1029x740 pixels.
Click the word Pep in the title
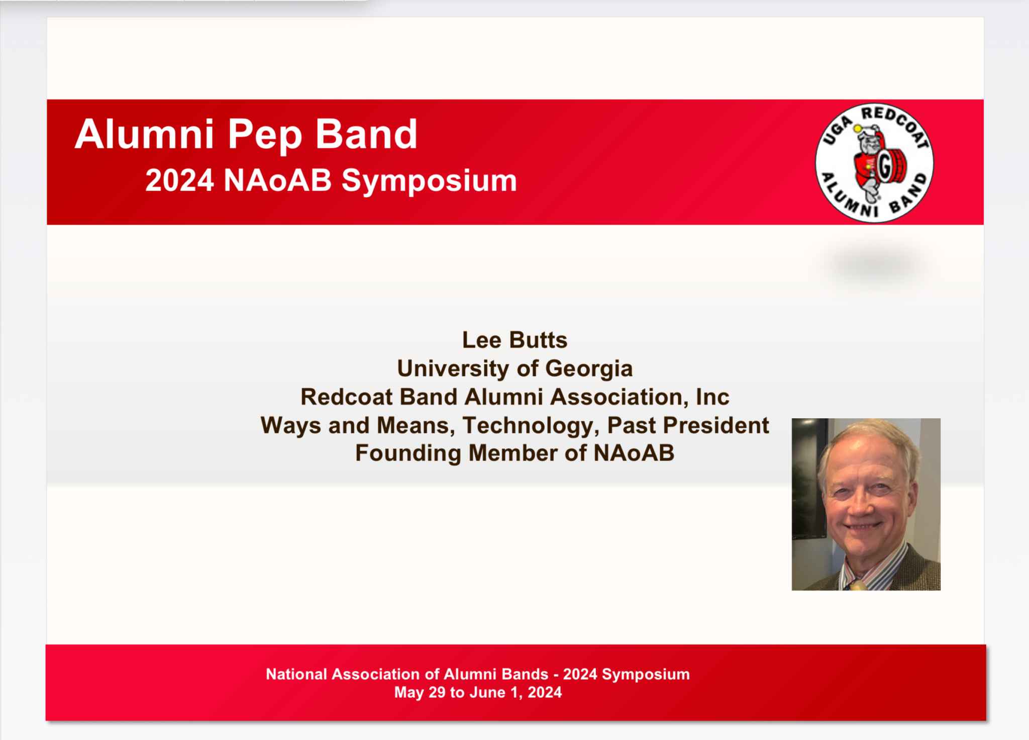coord(265,135)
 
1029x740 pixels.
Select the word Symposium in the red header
coord(430,181)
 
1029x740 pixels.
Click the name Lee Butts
coord(514,340)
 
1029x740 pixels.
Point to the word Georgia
coord(589,369)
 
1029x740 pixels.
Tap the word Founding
coord(408,454)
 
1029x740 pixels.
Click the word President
coord(716,425)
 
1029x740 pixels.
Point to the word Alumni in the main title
coord(145,135)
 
